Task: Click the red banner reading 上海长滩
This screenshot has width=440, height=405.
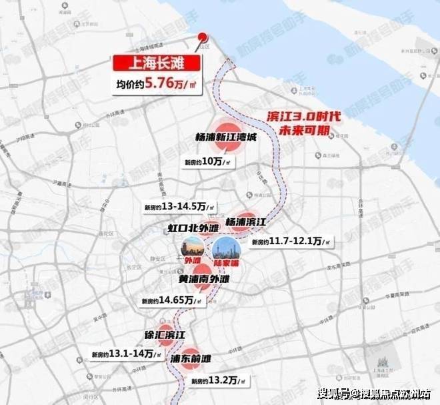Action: coord(156,64)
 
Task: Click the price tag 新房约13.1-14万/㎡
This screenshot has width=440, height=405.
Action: coord(125,354)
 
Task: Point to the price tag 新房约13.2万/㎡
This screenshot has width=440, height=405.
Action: coord(217,381)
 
